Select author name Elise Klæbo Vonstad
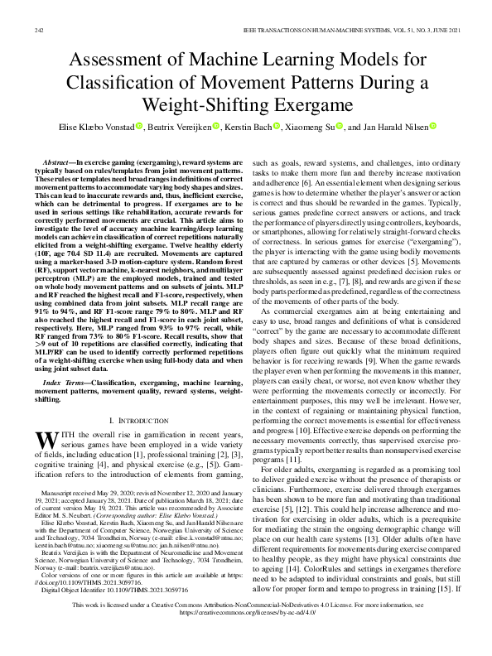(x=92, y=127)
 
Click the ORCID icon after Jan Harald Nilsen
(x=432, y=127)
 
